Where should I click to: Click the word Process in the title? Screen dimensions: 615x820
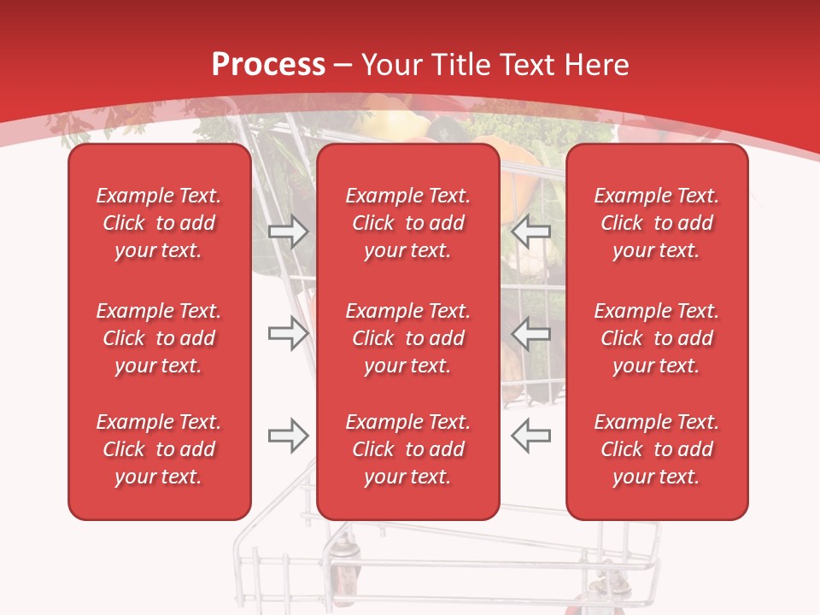point(268,65)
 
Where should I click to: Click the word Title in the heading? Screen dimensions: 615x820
point(461,65)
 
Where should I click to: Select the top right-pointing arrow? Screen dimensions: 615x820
point(289,231)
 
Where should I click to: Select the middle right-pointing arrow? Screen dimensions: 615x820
point(289,333)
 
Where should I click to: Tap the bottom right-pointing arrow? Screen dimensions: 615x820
point(289,436)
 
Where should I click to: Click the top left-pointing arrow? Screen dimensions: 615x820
point(531,231)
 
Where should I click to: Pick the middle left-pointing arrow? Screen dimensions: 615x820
point(531,333)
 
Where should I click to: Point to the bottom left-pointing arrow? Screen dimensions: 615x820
point(531,436)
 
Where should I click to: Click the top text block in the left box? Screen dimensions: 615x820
point(159,223)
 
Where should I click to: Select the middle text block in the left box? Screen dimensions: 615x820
point(159,338)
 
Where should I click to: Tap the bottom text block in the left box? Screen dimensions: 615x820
point(159,449)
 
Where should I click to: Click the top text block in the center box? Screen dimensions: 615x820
point(408,223)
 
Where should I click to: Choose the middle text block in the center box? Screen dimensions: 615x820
point(408,338)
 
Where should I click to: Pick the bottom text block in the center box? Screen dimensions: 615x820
point(408,449)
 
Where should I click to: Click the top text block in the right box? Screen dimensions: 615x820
point(657,223)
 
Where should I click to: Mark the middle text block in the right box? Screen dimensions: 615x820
point(657,338)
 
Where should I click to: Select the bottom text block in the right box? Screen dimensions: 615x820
point(657,449)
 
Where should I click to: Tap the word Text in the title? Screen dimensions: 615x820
point(527,65)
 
